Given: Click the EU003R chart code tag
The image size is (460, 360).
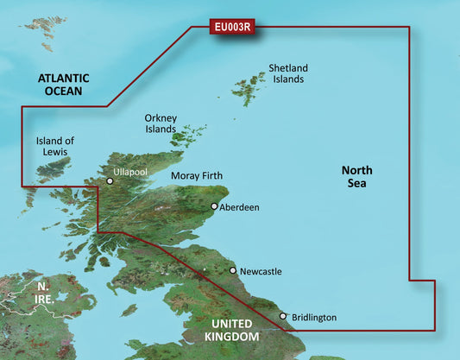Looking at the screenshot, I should pyautogui.click(x=232, y=27).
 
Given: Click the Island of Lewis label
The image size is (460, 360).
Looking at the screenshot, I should pyautogui.click(x=55, y=147).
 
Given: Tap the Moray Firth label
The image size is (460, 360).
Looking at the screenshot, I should pyautogui.click(x=197, y=176).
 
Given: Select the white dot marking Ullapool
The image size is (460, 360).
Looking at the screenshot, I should pyautogui.click(x=110, y=181).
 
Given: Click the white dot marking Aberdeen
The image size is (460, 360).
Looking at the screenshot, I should pyautogui.click(x=214, y=206).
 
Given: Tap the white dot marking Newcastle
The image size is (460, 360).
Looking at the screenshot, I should pyautogui.click(x=233, y=270).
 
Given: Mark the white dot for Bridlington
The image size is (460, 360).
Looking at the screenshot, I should pyautogui.click(x=282, y=316).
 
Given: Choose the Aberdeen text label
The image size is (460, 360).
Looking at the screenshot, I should pyautogui.click(x=240, y=208).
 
